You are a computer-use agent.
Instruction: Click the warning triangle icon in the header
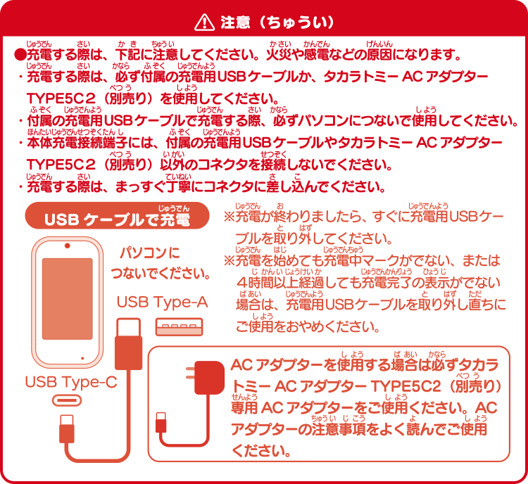pos(204,23)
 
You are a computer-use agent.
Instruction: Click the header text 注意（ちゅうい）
pos(277,23)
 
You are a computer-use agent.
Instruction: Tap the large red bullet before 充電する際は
pos(20,55)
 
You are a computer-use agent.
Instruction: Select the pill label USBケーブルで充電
pos(117,216)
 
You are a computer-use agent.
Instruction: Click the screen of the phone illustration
pos(68,299)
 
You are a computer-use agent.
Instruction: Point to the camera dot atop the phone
pos(68,246)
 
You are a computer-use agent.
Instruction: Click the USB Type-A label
pos(162,302)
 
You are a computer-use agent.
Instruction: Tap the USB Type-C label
pos(71,382)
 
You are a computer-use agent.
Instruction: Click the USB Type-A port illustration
pos(179,327)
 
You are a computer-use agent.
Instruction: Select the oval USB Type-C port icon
pos(67,400)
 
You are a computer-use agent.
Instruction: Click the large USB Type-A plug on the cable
pos(128,343)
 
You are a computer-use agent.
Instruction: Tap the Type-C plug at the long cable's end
pos(67,429)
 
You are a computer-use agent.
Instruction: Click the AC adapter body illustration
pos(210,377)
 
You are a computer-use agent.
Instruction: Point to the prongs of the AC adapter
pos(191,374)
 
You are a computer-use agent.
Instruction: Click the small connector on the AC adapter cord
pos(161,422)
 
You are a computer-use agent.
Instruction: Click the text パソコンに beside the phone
pos(150,253)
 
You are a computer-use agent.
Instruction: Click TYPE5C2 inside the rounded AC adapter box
pos(406,387)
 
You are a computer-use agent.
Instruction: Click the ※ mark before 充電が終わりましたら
pos(229,217)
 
